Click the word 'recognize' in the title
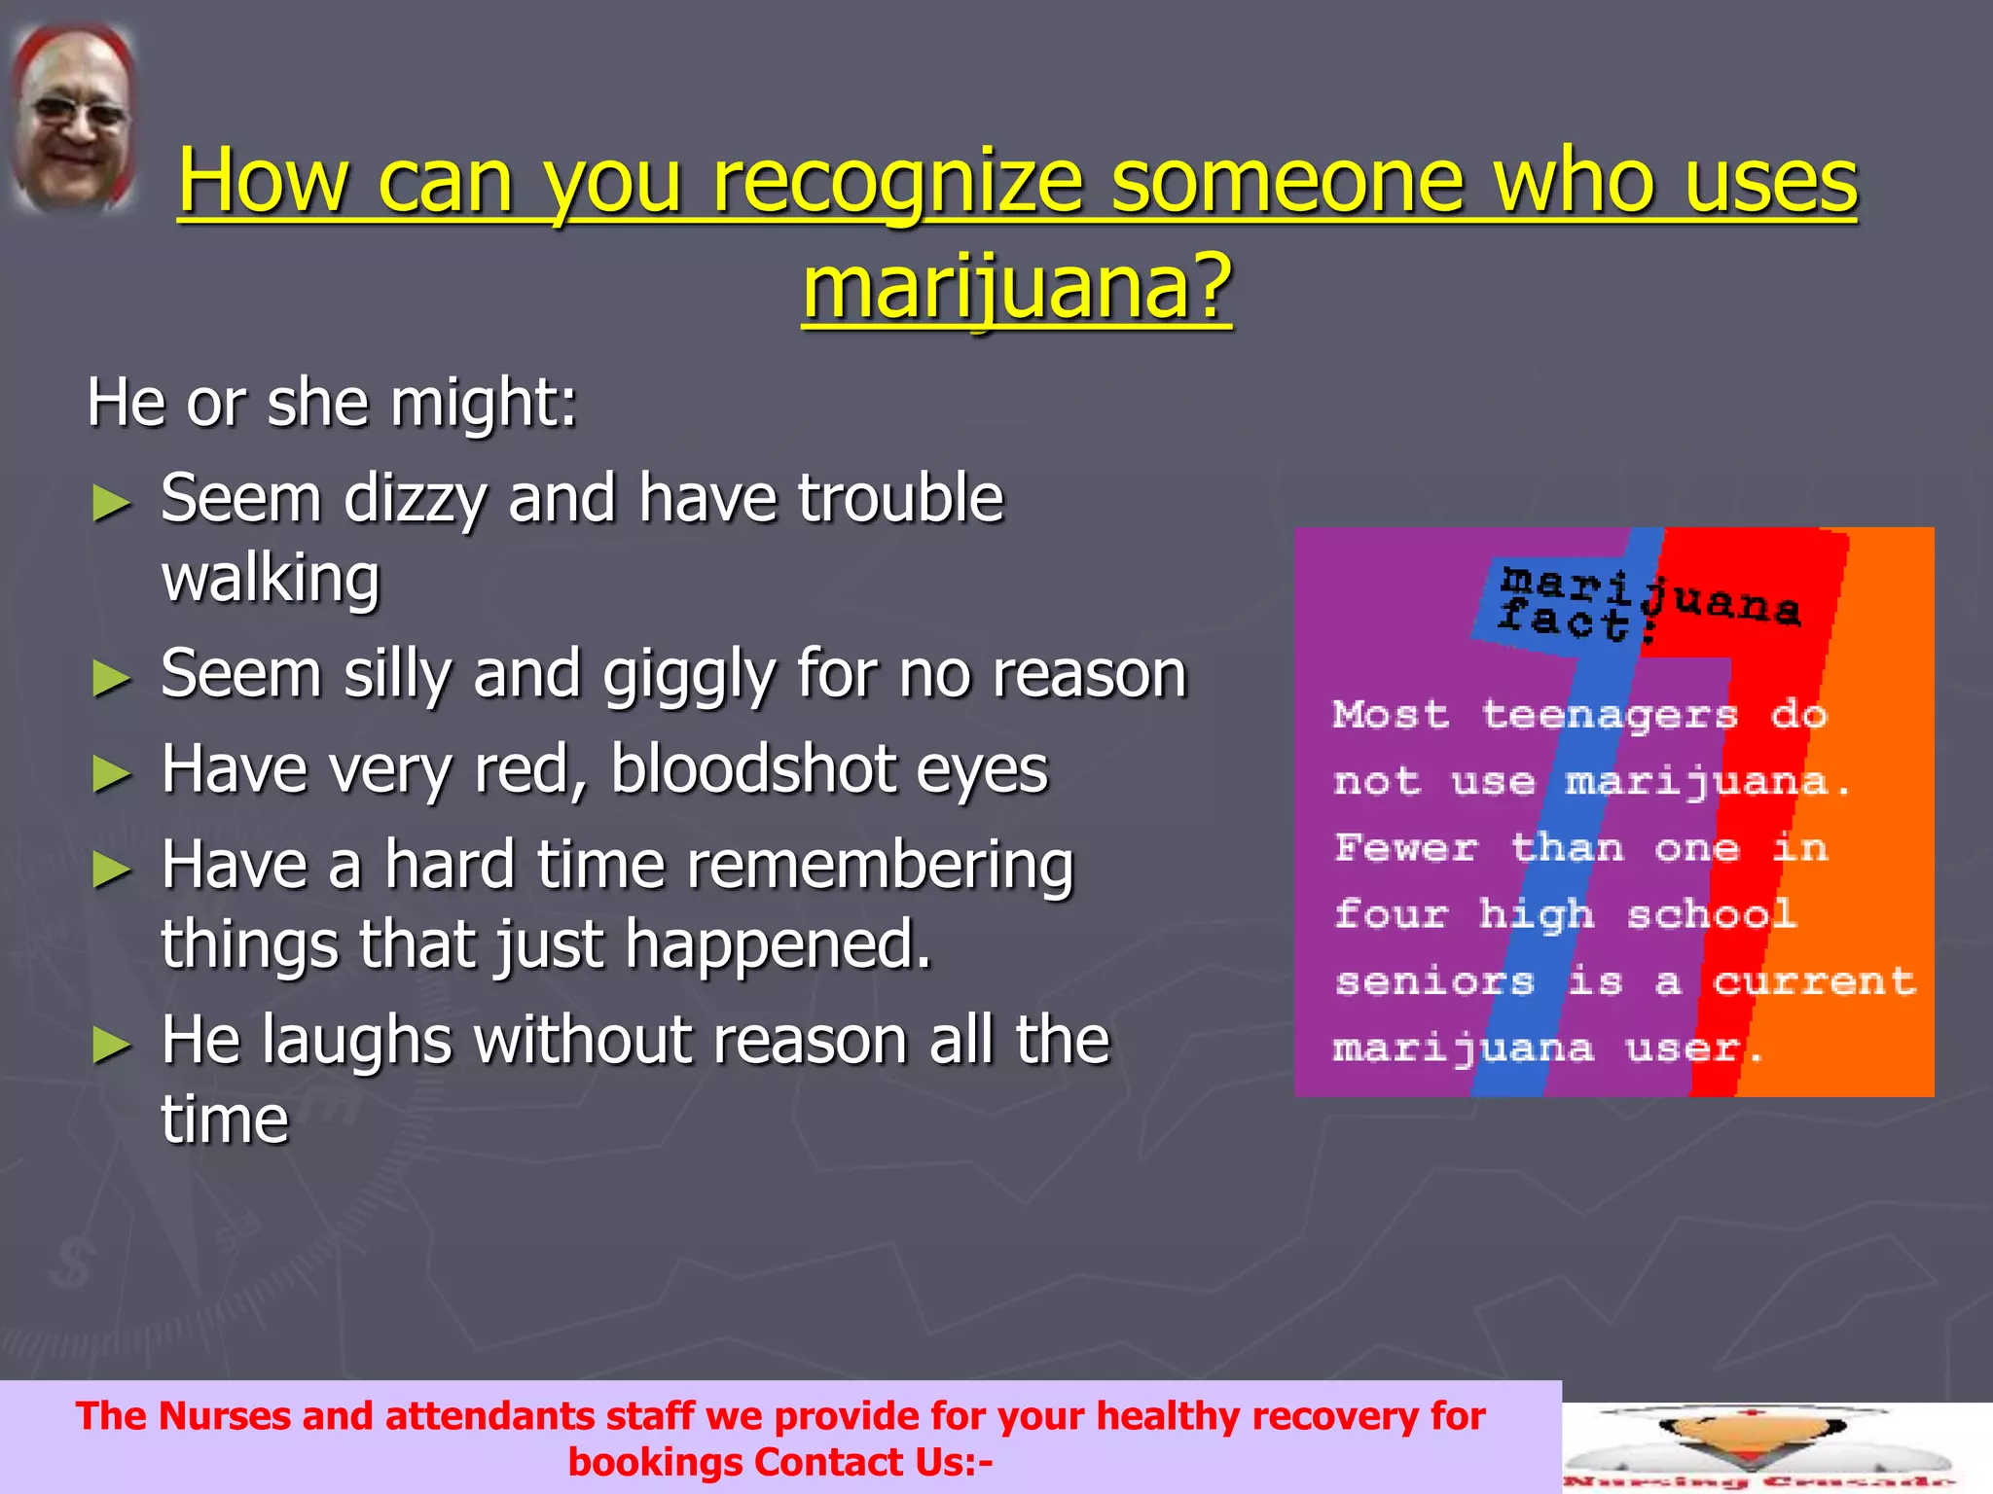896,182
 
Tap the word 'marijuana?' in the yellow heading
1017,288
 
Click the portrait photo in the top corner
74,119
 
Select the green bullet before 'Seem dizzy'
112,504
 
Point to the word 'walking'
271,578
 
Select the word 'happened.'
779,944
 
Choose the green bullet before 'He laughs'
112,1046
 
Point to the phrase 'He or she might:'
332,403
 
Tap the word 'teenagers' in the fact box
1610,716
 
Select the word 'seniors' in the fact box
1435,981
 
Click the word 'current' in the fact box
1814,981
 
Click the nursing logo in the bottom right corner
1761,1448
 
